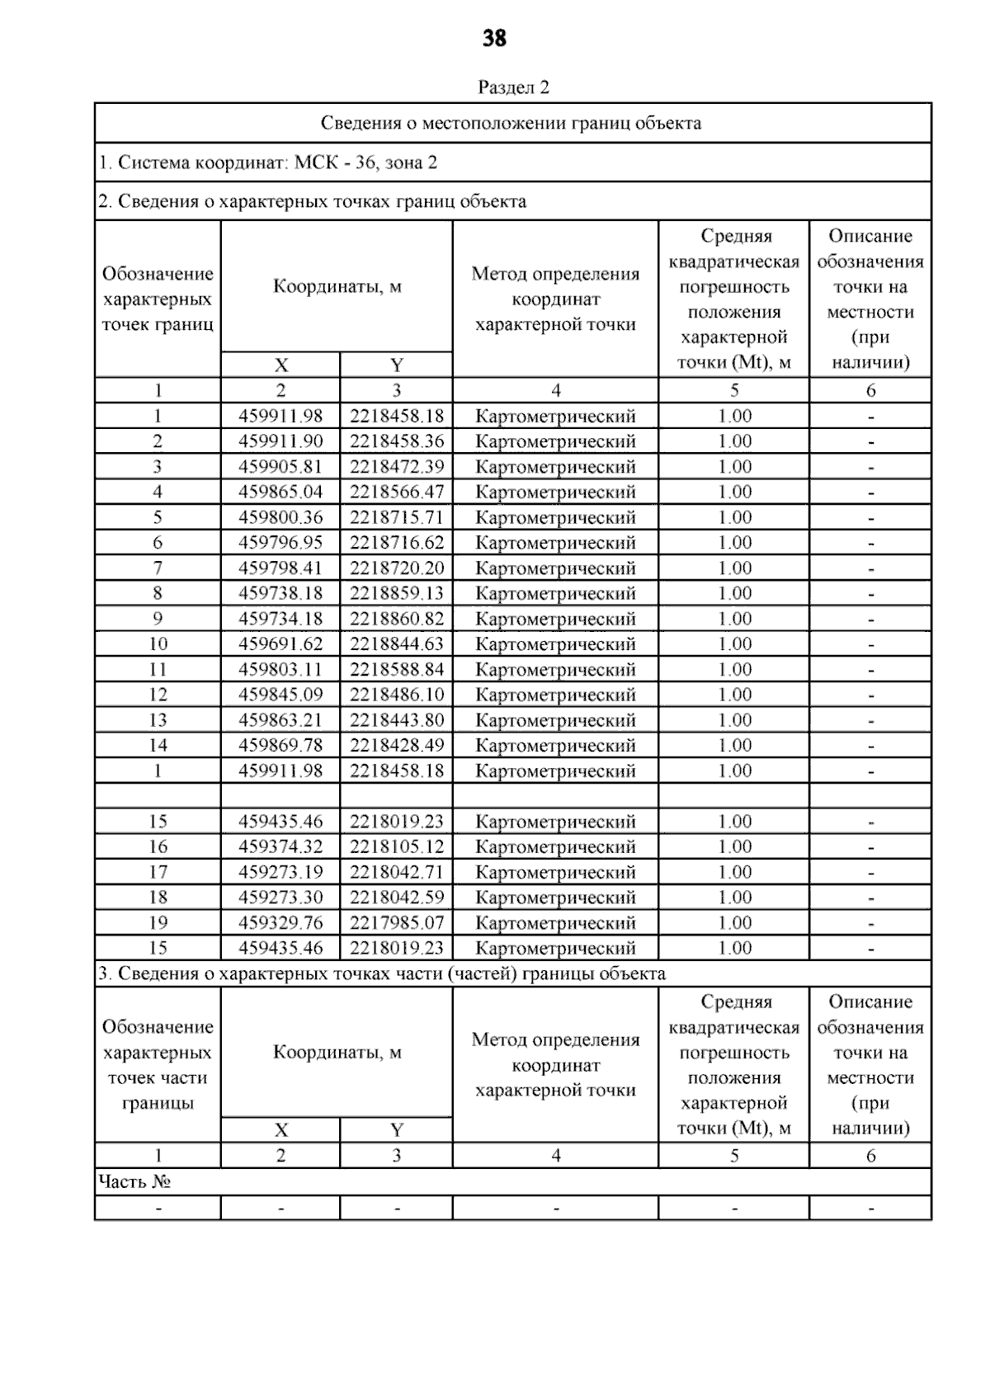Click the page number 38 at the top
(494, 39)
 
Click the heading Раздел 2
(513, 87)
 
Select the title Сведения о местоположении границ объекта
(511, 124)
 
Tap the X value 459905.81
(280, 467)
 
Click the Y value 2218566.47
(396, 493)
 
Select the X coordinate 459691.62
(280, 644)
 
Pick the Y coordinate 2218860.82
(396, 619)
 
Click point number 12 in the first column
(158, 695)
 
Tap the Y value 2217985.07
(396, 923)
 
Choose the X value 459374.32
(280, 847)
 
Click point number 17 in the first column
(158, 872)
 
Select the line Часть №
(134, 1182)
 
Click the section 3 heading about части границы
(381, 973)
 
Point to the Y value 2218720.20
(396, 568)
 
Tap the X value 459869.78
(280, 746)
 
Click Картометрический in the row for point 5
(555, 518)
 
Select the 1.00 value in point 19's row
(734, 923)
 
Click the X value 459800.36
(280, 518)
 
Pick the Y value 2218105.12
(396, 847)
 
